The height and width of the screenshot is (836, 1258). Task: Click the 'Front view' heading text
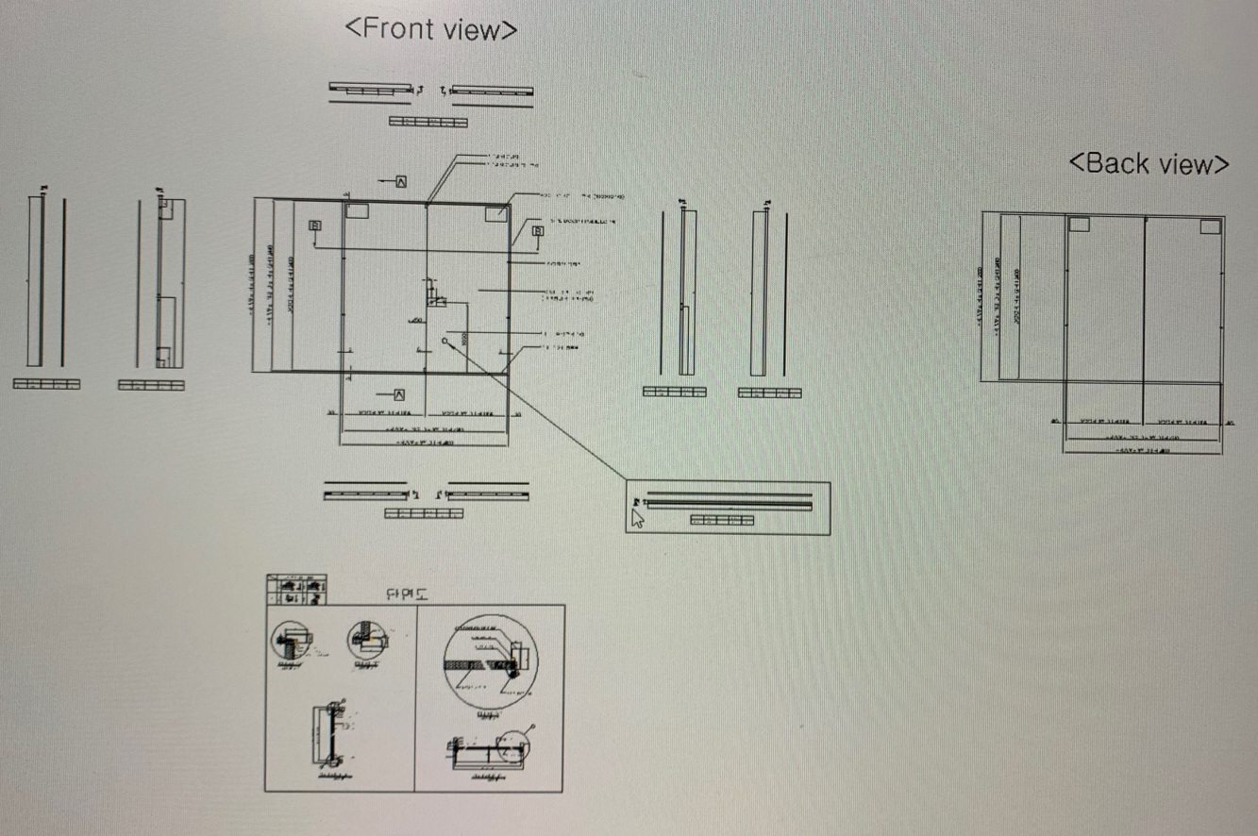(x=431, y=28)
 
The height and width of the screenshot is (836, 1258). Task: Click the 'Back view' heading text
(x=1149, y=163)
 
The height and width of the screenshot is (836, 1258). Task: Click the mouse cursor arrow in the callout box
(x=637, y=517)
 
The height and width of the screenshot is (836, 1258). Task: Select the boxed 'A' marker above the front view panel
(x=401, y=180)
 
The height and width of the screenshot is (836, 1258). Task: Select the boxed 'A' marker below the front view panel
(x=400, y=394)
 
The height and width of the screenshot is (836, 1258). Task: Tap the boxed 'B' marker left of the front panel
(x=314, y=225)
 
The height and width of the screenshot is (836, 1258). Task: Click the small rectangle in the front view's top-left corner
(x=357, y=211)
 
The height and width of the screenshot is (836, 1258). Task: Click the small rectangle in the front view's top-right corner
(x=495, y=214)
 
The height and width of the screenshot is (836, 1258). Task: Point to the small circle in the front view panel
(x=444, y=342)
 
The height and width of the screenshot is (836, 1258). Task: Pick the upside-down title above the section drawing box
(x=408, y=594)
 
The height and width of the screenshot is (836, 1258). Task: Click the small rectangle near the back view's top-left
(x=1079, y=225)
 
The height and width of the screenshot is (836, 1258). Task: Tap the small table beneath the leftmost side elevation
(x=46, y=384)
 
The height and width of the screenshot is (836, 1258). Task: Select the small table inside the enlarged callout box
(x=722, y=520)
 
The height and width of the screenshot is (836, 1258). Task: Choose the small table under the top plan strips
(x=428, y=122)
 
